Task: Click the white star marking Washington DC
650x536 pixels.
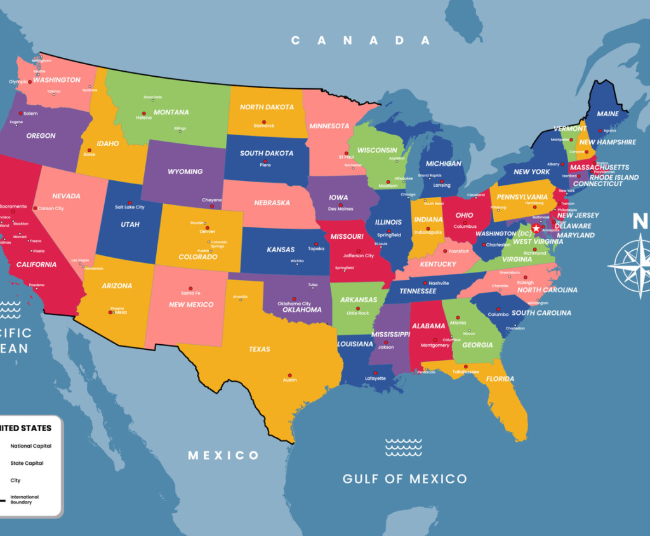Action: tap(536, 228)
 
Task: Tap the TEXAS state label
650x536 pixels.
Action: tap(260, 349)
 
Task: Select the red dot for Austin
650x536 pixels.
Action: tap(289, 375)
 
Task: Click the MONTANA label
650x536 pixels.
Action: tap(171, 112)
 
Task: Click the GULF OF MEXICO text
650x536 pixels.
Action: tap(404, 479)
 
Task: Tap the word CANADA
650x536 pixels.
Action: tap(361, 41)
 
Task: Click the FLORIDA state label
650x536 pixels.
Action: tap(500, 379)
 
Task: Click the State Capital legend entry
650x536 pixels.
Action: tap(27, 463)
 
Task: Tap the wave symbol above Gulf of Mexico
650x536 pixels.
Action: tap(403, 447)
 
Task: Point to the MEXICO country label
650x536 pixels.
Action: tap(223, 455)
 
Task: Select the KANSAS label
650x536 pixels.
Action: tap(281, 250)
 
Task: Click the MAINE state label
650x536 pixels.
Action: tap(607, 114)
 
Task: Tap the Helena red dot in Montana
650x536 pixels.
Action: tap(143, 113)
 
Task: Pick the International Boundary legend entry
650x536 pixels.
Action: tap(24, 499)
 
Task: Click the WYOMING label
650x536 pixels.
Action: tap(185, 171)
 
